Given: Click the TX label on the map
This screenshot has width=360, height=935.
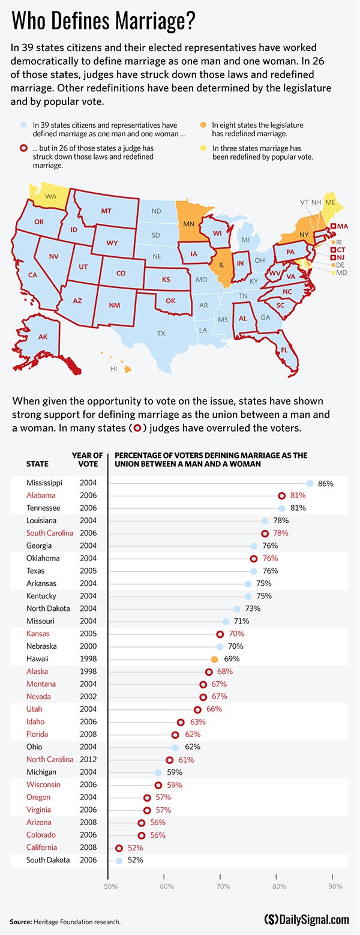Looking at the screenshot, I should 161,333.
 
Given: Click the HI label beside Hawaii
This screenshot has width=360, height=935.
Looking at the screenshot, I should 113,368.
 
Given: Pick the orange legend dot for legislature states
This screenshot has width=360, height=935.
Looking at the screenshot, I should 203,125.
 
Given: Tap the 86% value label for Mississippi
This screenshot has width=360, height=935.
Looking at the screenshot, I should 326,483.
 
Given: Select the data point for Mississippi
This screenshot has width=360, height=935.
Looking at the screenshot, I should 310,483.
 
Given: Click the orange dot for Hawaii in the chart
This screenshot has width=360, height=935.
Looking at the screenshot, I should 214,659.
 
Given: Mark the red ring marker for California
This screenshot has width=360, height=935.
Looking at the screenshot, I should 119,848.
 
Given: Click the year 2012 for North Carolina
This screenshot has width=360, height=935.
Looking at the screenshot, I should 88,760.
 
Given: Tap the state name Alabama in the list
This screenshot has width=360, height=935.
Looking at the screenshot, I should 41,496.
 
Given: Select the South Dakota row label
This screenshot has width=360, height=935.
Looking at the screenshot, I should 48,860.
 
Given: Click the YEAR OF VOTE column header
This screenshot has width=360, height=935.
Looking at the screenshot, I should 88,460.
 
